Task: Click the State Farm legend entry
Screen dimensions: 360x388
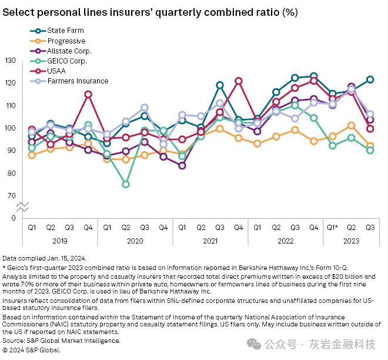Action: click(x=65, y=31)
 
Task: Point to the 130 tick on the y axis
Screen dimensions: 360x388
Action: click(x=10, y=61)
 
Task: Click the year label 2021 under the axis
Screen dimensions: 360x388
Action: click(x=210, y=240)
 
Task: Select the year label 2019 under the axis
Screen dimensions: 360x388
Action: click(x=60, y=240)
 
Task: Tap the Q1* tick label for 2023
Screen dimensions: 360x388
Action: click(x=332, y=227)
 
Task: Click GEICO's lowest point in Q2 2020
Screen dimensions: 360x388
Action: click(x=126, y=184)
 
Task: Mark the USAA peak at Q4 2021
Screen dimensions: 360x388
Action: click(x=239, y=81)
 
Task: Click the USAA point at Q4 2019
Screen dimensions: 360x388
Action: click(x=88, y=94)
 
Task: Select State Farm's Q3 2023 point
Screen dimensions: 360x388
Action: click(x=370, y=79)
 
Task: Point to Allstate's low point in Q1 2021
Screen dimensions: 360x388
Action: click(x=182, y=166)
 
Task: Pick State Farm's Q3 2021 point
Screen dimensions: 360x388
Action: click(x=220, y=85)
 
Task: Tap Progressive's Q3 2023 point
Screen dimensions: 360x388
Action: click(x=370, y=146)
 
